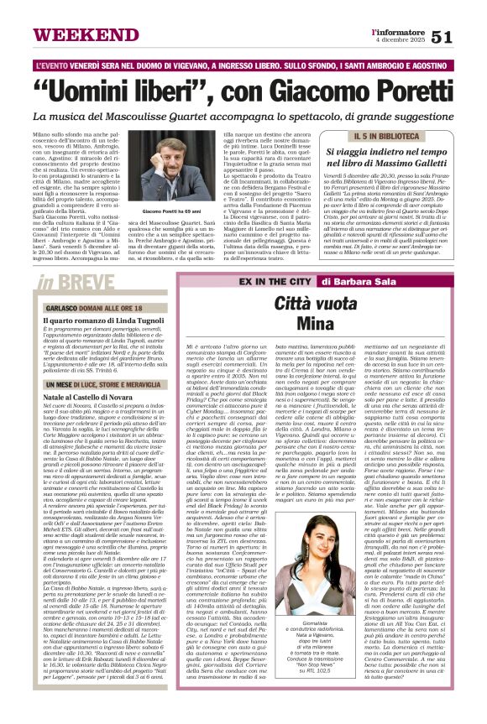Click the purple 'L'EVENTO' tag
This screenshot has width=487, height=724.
click(x=61, y=64)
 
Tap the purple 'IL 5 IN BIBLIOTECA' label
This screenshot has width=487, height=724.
click(x=384, y=136)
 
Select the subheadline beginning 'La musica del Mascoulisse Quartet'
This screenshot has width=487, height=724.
click(x=243, y=114)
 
